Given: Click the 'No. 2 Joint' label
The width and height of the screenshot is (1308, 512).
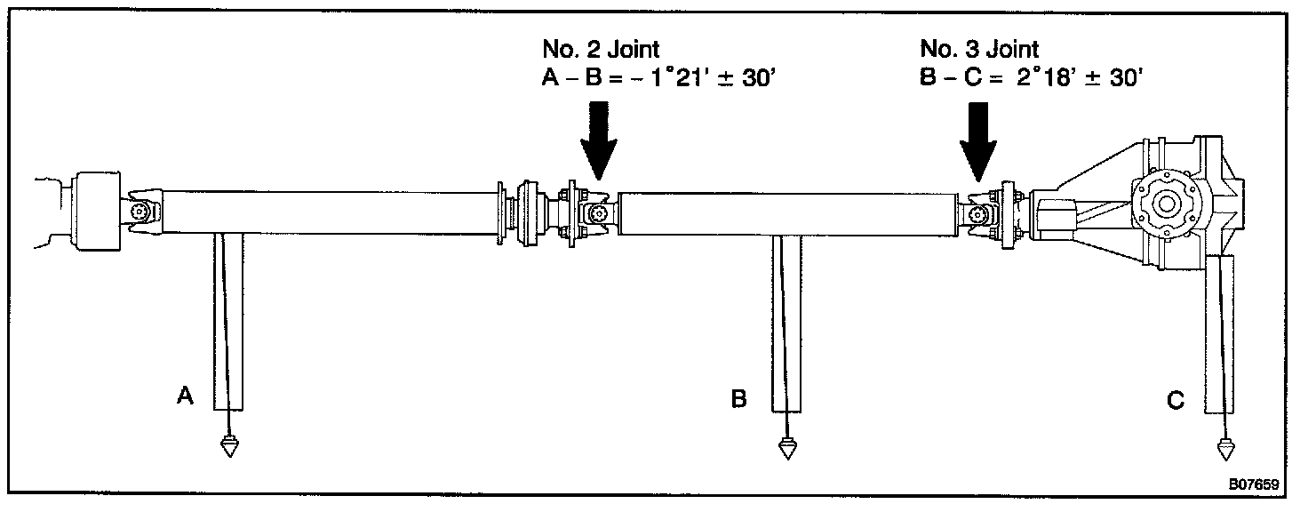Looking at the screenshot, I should pos(601,50).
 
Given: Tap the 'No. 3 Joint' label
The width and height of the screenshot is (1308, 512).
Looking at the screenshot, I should pos(979,50).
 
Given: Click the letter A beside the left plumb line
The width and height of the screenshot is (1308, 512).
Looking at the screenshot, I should pos(185,396).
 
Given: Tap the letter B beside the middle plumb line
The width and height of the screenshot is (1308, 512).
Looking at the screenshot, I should pos(738,400).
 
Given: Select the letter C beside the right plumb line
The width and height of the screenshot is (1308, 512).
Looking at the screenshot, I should pos(1175,402).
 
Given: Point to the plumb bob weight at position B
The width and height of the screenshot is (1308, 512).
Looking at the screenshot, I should pos(786,446).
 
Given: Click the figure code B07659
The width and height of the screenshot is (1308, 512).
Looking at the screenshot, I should pos(1253,485).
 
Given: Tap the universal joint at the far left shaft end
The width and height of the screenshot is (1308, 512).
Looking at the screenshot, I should pos(141,212).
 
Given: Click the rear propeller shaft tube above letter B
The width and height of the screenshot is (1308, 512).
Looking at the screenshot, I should pos(786,214).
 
